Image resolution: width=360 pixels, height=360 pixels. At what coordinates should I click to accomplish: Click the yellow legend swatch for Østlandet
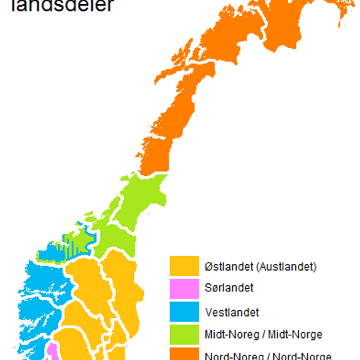point(185,266)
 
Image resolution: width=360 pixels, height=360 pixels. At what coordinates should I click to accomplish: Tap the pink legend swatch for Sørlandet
point(185,289)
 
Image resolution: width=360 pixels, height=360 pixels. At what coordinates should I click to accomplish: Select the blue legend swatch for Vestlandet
point(185,311)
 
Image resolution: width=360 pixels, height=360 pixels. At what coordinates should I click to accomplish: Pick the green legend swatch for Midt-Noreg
point(185,334)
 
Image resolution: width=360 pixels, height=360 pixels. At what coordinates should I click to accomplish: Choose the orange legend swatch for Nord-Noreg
point(185,354)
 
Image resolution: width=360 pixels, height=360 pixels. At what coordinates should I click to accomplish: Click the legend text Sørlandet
point(229,289)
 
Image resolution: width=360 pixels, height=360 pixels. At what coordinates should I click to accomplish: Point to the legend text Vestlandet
point(232,311)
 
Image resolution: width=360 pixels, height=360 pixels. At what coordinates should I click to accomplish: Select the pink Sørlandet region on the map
point(52,351)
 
